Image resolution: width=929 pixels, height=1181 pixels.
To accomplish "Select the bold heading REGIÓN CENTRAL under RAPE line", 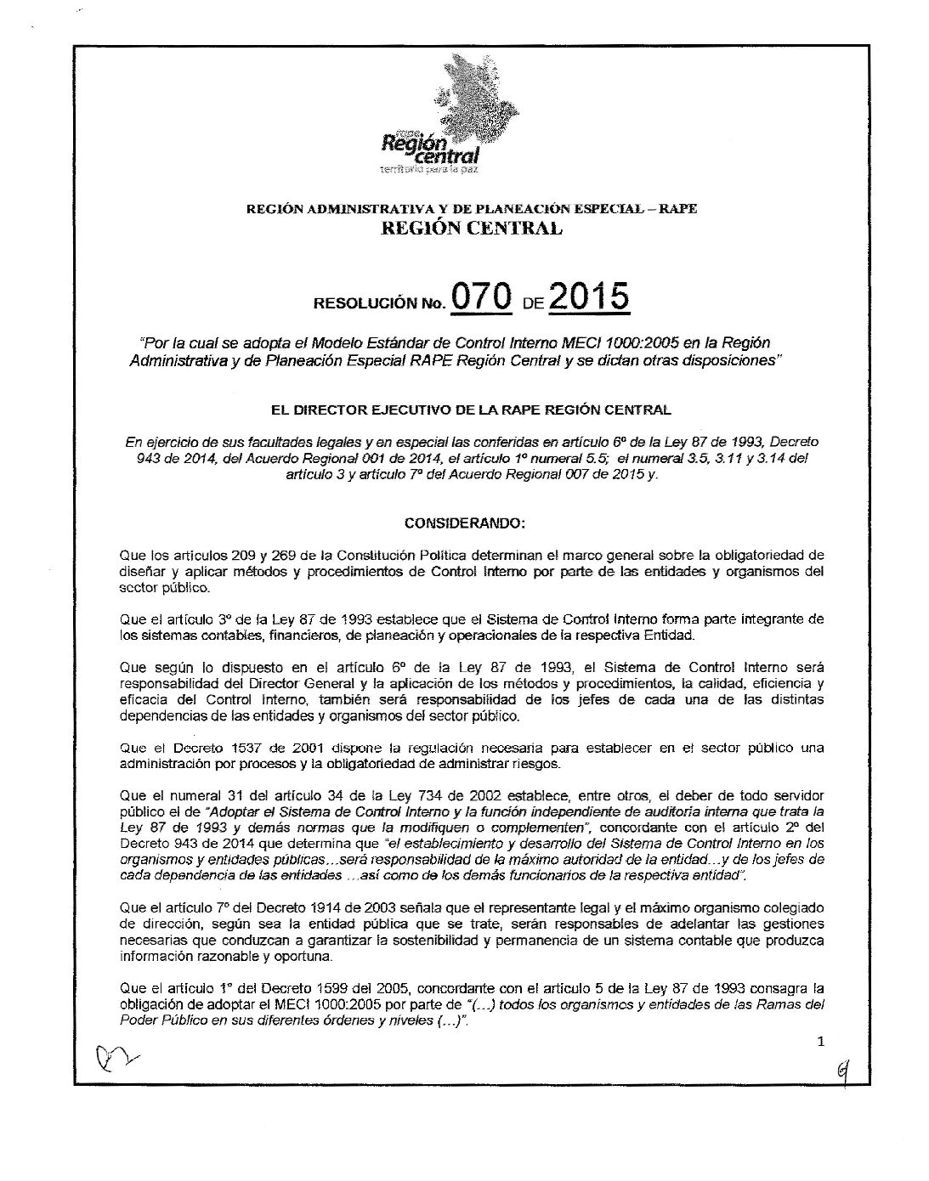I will (472, 228).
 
